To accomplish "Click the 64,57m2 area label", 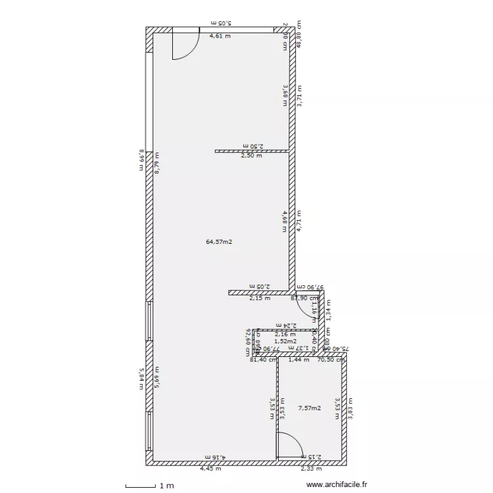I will (x=220, y=242).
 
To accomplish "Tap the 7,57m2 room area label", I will (x=309, y=408).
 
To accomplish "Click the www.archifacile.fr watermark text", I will (x=337, y=485).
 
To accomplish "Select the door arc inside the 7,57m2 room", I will (x=288, y=444).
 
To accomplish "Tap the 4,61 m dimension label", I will (x=220, y=36).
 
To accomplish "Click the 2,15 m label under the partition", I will (x=259, y=298).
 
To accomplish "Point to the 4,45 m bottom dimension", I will (x=210, y=469).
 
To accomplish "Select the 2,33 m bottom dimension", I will (x=311, y=469).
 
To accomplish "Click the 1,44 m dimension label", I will (x=300, y=360).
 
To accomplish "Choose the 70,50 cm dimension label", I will (x=331, y=360).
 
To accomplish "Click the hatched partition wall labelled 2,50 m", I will (x=252, y=151).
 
